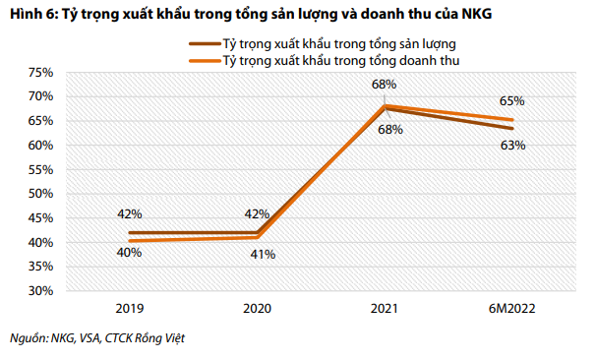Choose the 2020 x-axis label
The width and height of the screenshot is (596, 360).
258,307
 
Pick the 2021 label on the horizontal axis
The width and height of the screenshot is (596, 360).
386,307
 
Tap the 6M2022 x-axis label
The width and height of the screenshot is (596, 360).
512,307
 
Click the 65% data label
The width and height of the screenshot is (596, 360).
512,101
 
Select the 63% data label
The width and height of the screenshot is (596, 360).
512,145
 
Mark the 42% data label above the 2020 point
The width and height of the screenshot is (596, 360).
258,213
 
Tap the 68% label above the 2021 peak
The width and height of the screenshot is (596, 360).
385,86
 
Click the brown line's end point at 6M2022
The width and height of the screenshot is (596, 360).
512,129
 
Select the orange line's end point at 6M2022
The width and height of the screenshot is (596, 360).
512,120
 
